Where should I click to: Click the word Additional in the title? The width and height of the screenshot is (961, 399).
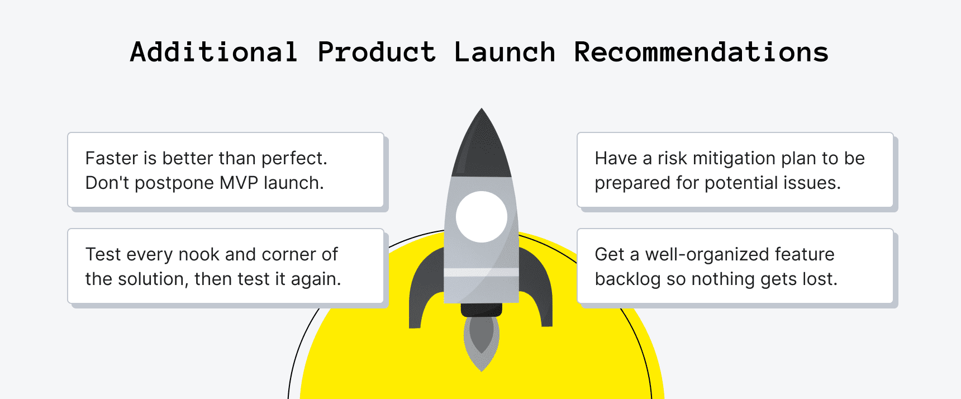213,52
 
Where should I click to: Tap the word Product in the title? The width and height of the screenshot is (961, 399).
377,52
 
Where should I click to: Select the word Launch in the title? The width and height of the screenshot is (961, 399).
505,52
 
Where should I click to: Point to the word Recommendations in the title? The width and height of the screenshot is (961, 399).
701,52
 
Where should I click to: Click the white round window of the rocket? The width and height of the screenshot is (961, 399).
482,216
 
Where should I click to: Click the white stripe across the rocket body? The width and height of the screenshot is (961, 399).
482,272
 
